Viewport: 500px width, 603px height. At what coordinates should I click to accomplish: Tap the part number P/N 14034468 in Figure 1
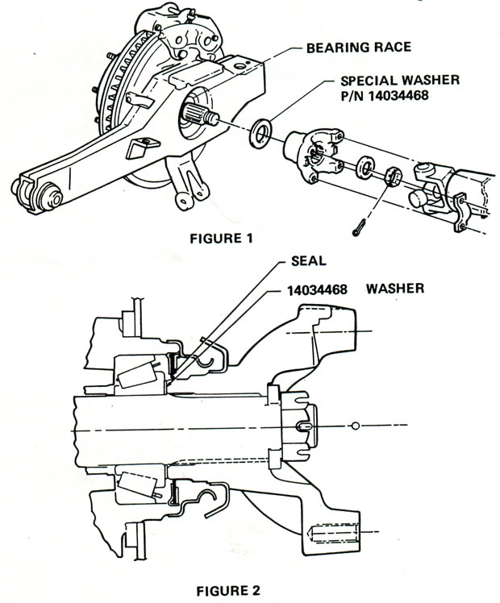pyautogui.click(x=379, y=98)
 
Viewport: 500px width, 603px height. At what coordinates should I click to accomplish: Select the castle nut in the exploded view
pyautogui.click(x=393, y=175)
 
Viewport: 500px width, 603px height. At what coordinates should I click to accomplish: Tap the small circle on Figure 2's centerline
pyautogui.click(x=355, y=425)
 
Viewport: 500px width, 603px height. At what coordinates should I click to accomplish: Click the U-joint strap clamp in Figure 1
pyautogui.click(x=463, y=215)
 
